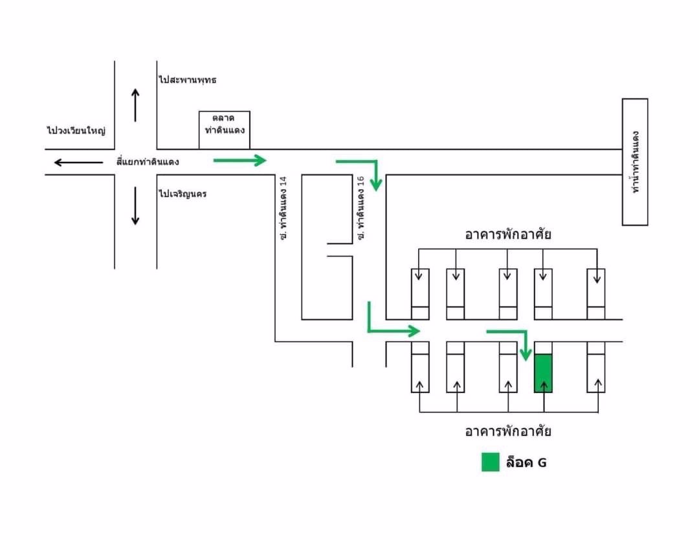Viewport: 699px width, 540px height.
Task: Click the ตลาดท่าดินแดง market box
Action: pyautogui.click(x=224, y=130)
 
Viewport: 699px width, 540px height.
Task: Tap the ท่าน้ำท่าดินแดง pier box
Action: pyautogui.click(x=635, y=162)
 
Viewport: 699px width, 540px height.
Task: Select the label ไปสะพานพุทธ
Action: pyautogui.click(x=187, y=80)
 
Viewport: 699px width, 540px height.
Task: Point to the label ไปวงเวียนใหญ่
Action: pyautogui.click(x=76, y=131)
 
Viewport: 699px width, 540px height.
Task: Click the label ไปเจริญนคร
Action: pyautogui.click(x=183, y=194)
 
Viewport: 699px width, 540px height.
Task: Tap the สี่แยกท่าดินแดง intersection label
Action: pyautogui.click(x=148, y=161)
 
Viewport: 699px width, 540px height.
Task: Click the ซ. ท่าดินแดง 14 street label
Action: pyautogui.click(x=283, y=206)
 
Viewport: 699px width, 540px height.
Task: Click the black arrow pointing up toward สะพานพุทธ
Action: pyautogui.click(x=135, y=104)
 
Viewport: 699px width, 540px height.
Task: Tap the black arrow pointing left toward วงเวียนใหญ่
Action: pyautogui.click(x=78, y=162)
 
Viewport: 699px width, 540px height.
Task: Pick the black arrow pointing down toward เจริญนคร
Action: pyautogui.click(x=135, y=205)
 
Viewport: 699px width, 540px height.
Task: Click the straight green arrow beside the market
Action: pyautogui.click(x=240, y=160)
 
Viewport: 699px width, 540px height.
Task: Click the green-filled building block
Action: pyautogui.click(x=543, y=373)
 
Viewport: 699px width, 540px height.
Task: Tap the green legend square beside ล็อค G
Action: pyautogui.click(x=491, y=462)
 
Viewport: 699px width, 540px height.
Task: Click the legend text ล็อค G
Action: pyautogui.click(x=526, y=463)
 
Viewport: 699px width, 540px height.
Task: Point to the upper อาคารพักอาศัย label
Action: pyautogui.click(x=508, y=234)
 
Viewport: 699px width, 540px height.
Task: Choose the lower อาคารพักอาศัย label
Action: pyautogui.click(x=508, y=431)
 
